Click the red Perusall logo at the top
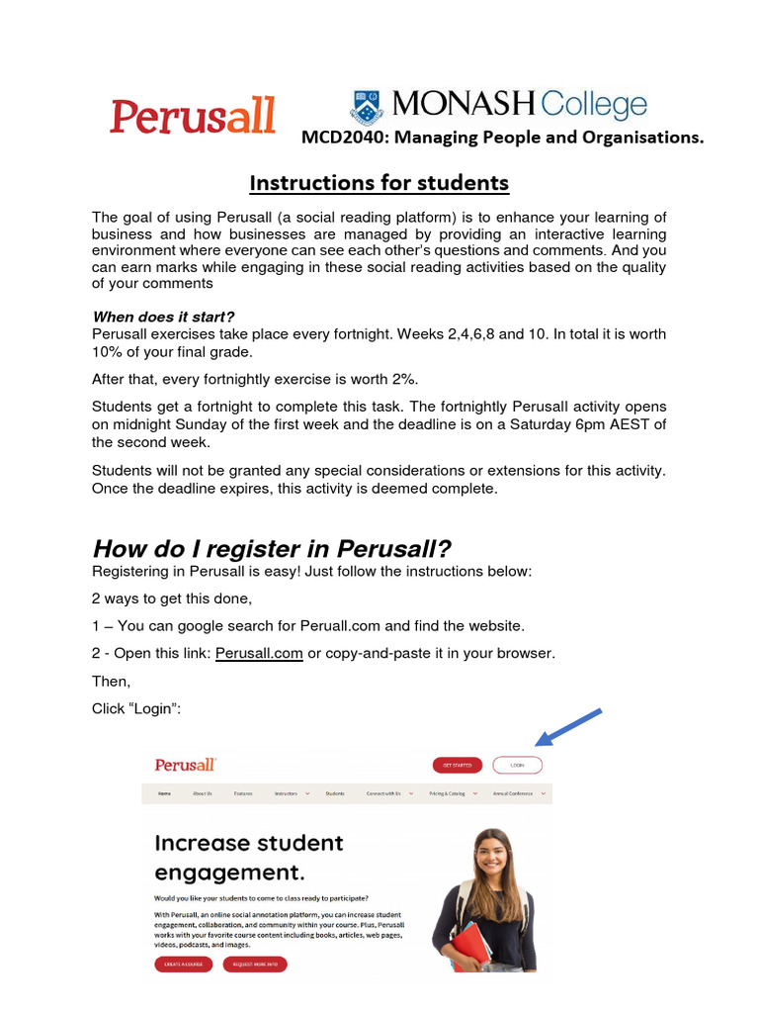193,116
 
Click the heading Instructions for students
379,183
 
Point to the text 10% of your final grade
174,350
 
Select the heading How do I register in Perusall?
272,548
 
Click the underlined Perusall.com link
259,654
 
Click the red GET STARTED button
458,765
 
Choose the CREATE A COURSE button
183,964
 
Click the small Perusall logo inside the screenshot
186,765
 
